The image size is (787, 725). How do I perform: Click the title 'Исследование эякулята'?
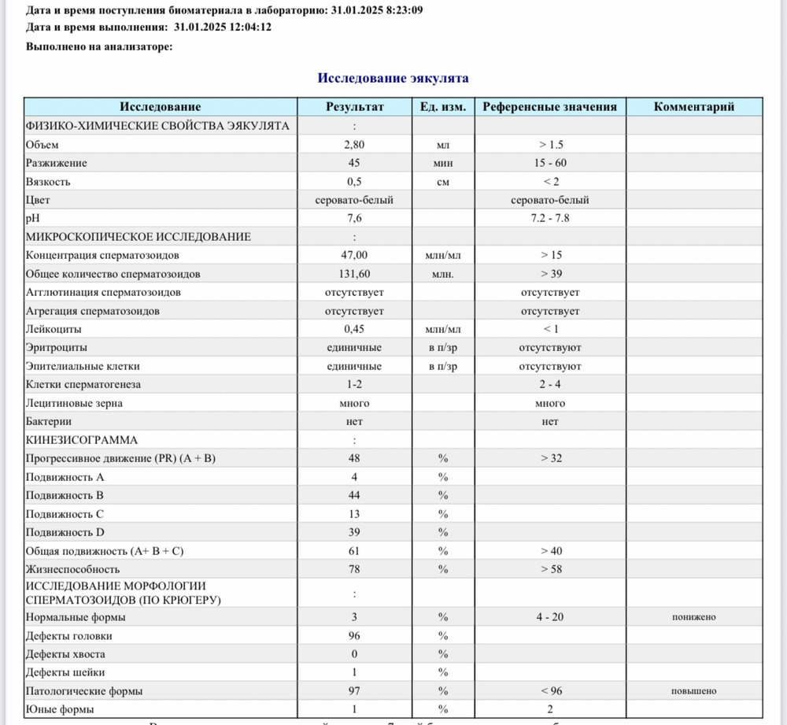point(393,78)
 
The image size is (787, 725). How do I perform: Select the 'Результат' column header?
point(354,107)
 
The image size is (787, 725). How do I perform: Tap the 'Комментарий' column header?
point(693,107)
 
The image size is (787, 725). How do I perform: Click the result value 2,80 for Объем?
point(354,145)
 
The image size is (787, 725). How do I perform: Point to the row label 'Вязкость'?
point(48,182)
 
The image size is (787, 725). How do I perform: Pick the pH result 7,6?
point(354,218)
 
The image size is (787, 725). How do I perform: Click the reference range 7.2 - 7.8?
point(549,218)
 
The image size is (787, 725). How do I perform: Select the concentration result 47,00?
point(354,255)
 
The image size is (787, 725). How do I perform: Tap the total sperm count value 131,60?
point(354,274)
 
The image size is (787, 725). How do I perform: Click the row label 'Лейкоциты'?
point(54,329)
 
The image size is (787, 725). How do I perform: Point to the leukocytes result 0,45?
point(354,329)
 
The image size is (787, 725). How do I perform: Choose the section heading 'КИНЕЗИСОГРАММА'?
point(82,440)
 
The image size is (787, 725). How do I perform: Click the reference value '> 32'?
point(549,458)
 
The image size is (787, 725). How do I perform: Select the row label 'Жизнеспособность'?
point(72,569)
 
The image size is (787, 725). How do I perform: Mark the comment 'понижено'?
point(693,617)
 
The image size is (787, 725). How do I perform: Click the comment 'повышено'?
point(693,691)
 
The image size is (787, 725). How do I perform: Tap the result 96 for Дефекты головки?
point(354,636)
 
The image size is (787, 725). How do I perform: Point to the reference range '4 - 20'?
point(549,617)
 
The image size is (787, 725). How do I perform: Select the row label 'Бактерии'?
point(48,422)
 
